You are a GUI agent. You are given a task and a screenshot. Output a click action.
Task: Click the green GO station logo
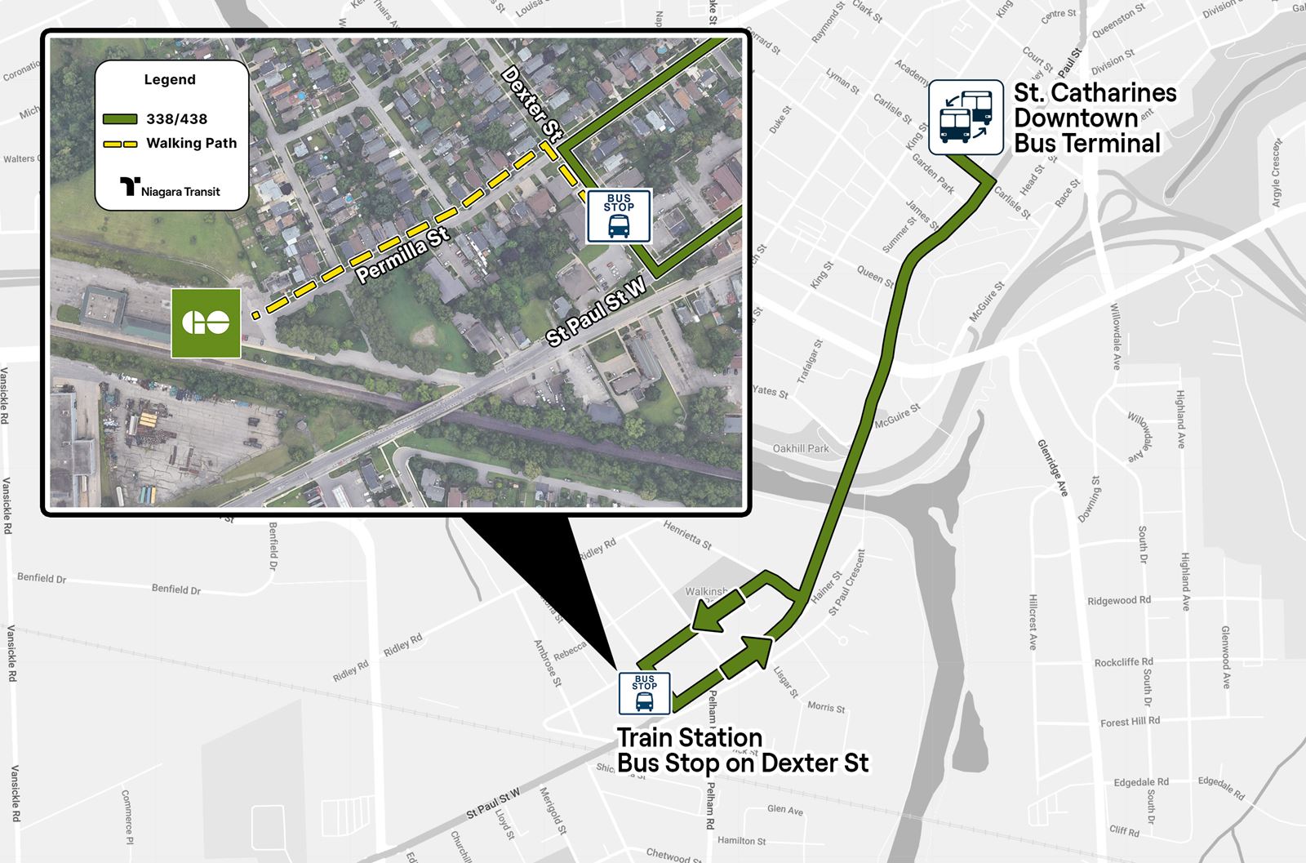206,323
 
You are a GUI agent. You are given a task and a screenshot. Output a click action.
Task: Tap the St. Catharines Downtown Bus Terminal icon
966,118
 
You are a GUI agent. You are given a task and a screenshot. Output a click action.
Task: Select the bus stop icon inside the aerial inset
619,216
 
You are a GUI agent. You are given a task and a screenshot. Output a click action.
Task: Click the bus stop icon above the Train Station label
644,693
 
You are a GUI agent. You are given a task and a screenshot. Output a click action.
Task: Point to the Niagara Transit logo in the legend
171,189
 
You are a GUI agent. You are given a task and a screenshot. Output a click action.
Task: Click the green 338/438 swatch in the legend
120,119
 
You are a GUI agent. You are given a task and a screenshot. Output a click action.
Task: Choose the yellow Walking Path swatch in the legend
120,144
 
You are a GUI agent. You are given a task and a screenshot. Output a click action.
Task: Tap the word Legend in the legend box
170,80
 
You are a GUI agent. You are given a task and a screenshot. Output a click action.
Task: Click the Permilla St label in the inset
403,255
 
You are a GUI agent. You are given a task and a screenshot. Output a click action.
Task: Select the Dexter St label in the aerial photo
534,105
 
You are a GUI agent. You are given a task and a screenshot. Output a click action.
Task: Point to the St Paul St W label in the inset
597,312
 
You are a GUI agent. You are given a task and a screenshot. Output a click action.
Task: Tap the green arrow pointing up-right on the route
746,656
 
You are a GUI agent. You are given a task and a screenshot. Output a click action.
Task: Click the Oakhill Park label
801,448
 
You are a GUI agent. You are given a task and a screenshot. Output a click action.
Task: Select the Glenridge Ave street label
1052,467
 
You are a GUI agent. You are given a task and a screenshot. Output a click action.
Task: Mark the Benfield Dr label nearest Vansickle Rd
42,578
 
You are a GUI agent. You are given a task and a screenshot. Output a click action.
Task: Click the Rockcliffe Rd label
1123,662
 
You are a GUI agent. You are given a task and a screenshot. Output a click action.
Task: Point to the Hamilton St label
741,840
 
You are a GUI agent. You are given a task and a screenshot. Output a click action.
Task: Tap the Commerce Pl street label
127,816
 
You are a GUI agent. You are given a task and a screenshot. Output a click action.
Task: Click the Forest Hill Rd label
1130,722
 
